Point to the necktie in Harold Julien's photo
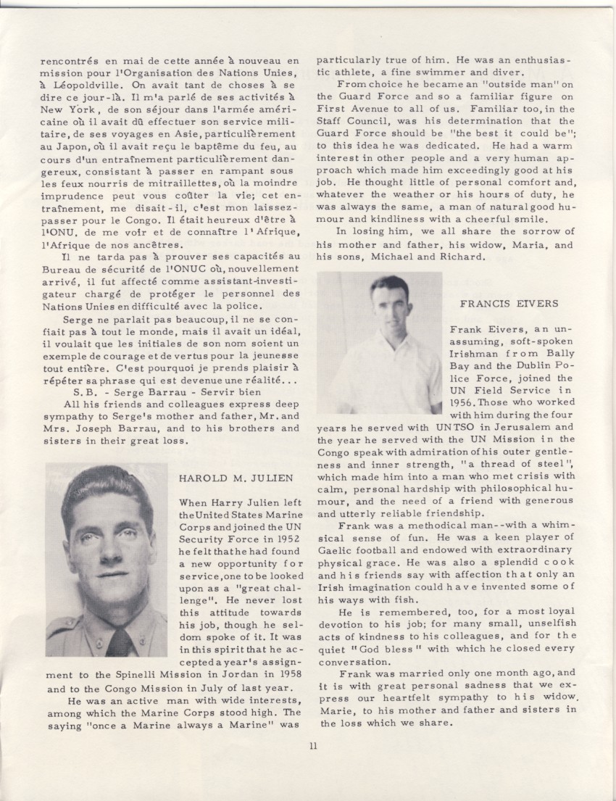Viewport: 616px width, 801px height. click(x=120, y=640)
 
